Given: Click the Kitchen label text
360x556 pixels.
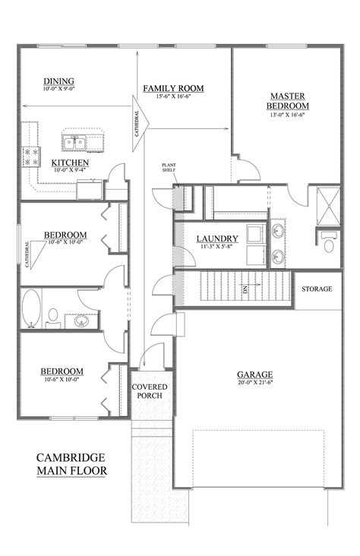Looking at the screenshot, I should click(x=70, y=163).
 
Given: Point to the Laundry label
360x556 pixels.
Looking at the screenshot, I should click(x=217, y=239).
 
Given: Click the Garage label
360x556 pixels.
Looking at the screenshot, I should click(x=254, y=374).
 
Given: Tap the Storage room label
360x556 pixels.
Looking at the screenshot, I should click(x=317, y=289).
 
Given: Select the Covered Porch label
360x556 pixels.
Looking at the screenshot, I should click(x=150, y=393).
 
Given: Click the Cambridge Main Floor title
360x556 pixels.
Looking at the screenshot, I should click(x=71, y=464).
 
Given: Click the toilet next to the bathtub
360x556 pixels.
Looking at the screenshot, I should click(x=54, y=314).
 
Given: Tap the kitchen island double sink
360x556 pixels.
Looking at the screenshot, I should click(x=74, y=142).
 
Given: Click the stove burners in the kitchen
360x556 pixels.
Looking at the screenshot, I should click(x=32, y=156).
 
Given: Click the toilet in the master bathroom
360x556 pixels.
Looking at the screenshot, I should click(x=329, y=245).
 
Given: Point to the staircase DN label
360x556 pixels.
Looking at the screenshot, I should click(x=245, y=289).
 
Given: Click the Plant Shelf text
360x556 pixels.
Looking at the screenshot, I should click(x=169, y=169).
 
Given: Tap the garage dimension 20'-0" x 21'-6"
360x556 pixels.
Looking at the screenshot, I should click(x=254, y=384).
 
